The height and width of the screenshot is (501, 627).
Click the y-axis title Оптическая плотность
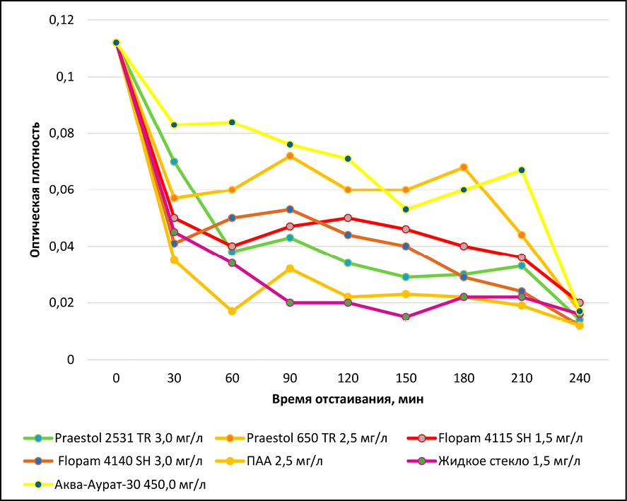33,190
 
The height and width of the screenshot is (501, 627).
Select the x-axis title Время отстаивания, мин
348,399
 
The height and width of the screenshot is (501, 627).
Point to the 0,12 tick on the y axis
61,20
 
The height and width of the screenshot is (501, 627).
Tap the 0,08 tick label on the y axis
61,134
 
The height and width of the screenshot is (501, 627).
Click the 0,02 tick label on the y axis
61,303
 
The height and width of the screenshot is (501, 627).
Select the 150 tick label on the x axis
406,379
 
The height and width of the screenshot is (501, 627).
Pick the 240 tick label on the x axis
580,379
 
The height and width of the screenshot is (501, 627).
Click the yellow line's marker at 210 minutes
522,170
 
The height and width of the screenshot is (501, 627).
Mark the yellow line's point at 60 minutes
232,122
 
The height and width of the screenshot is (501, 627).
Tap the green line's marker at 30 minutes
174,162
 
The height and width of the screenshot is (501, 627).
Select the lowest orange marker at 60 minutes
232,311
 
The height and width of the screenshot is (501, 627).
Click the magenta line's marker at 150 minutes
406,317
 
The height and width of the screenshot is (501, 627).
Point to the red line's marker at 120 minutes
348,218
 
